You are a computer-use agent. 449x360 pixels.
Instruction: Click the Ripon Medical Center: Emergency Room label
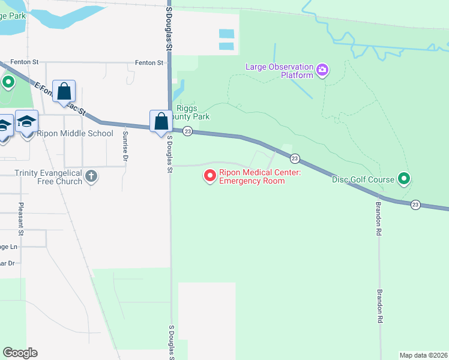tap(252, 176)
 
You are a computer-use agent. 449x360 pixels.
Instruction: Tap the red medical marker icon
tap(210, 176)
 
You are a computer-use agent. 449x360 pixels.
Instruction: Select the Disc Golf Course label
tap(363, 179)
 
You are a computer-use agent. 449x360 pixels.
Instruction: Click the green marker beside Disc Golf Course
tap(405, 178)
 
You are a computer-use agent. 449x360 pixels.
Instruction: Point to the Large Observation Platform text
tap(279, 71)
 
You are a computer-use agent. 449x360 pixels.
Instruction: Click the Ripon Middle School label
tap(75, 133)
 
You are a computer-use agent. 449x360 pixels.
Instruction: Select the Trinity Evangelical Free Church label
tap(47, 176)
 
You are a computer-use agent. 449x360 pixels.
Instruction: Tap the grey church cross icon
tap(91, 176)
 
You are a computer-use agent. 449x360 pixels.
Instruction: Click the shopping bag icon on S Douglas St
tap(161, 122)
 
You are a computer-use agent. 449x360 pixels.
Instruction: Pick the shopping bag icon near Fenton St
tap(64, 92)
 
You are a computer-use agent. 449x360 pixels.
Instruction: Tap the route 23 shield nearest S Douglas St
tap(187, 131)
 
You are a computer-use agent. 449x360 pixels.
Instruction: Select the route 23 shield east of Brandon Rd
tap(415, 205)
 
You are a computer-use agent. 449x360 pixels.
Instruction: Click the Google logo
tap(20, 353)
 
